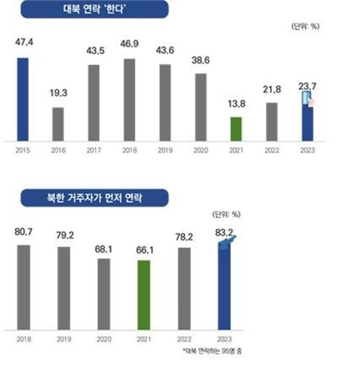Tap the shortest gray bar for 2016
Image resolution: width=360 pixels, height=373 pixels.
[x=58, y=124]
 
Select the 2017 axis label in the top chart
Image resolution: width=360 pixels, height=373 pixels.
[x=94, y=150]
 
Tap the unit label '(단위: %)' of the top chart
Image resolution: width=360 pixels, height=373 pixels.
[x=305, y=27]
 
